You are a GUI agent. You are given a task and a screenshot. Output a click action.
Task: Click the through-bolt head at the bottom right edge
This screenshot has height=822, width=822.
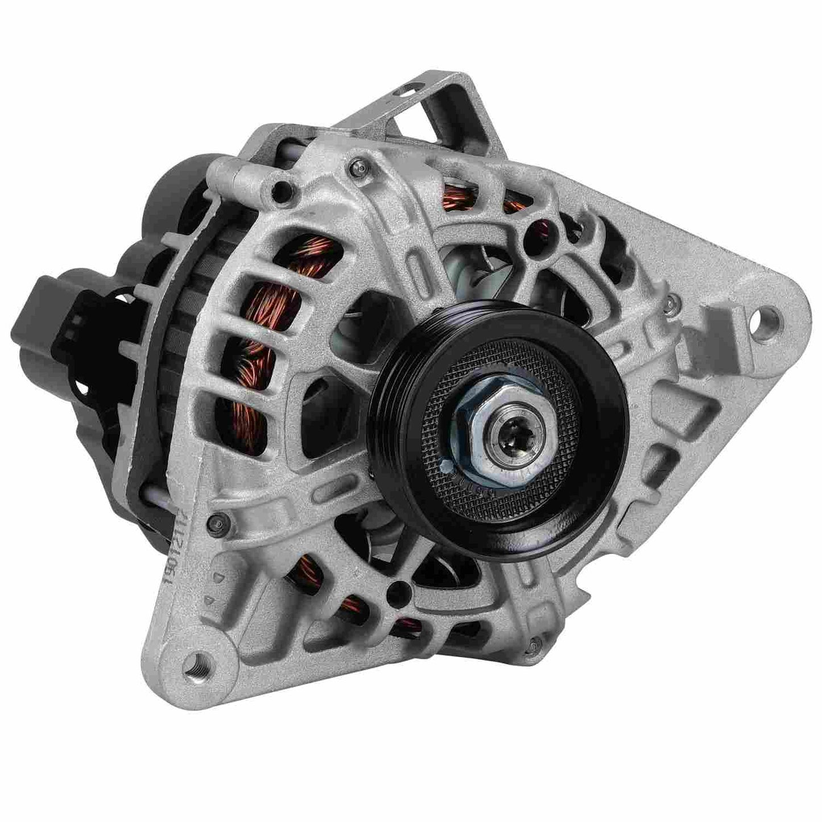click(x=533, y=644)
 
